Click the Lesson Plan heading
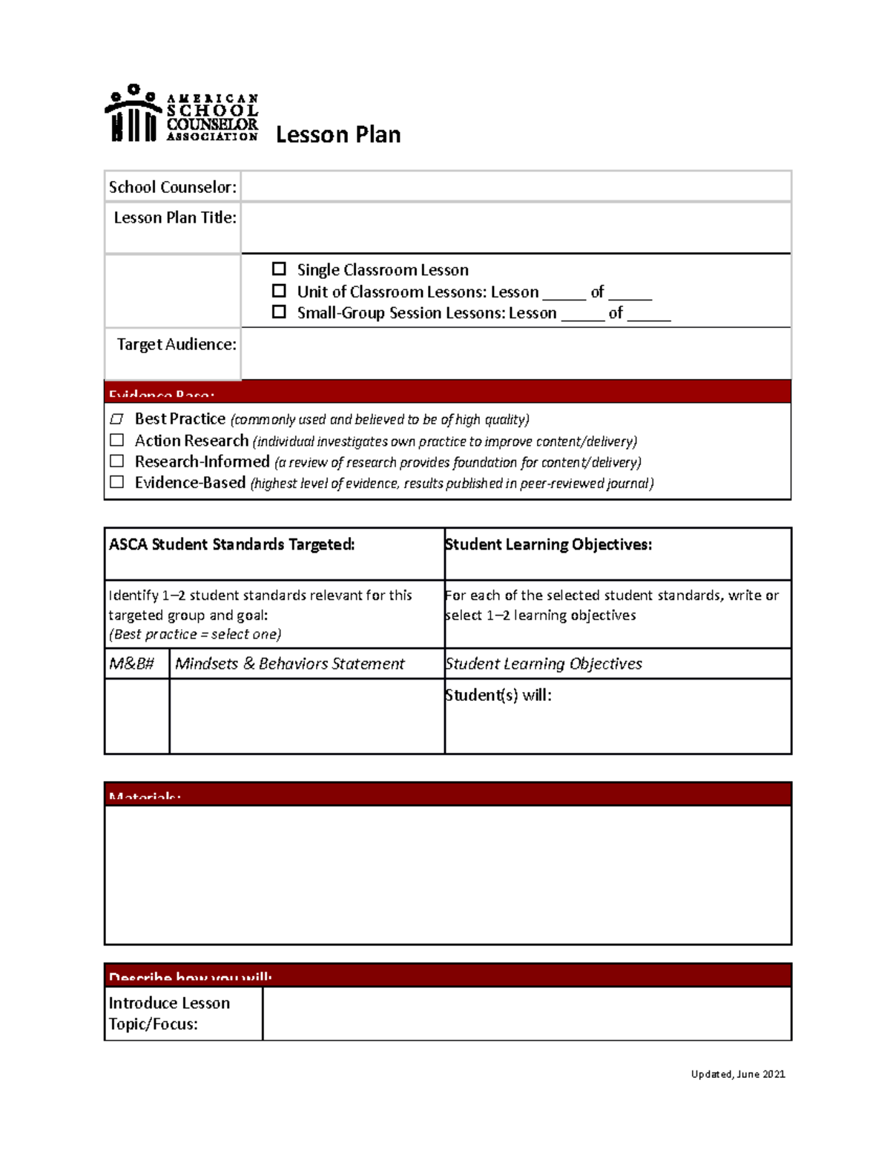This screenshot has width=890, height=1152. pyautogui.click(x=338, y=135)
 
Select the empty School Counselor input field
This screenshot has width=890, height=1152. pyautogui.click(x=515, y=187)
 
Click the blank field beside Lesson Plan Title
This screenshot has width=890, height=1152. pyautogui.click(x=515, y=228)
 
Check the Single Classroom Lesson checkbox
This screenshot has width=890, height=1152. pyautogui.click(x=279, y=269)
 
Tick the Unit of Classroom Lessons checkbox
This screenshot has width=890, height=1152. pyautogui.click(x=279, y=291)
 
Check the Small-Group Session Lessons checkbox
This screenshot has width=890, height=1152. pyautogui.click(x=279, y=312)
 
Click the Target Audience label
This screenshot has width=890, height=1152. pyautogui.click(x=177, y=344)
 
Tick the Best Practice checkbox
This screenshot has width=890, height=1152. pyautogui.click(x=116, y=419)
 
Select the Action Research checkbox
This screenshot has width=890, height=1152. pyautogui.click(x=116, y=441)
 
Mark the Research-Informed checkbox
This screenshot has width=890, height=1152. pyautogui.click(x=116, y=461)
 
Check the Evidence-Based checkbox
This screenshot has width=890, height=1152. pyautogui.click(x=116, y=482)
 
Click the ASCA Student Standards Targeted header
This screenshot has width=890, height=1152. pyautogui.click(x=231, y=544)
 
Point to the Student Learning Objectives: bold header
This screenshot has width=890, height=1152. pyautogui.click(x=548, y=544)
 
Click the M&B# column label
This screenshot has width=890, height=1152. pyautogui.click(x=131, y=664)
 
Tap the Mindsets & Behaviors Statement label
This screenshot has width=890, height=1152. pyautogui.click(x=289, y=664)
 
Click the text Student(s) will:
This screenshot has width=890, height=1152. pyautogui.click(x=498, y=695)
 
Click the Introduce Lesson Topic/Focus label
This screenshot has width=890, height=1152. pyautogui.click(x=169, y=1013)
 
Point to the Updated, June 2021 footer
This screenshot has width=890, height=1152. pyautogui.click(x=737, y=1074)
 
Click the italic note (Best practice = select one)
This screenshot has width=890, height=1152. pyautogui.click(x=195, y=634)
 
